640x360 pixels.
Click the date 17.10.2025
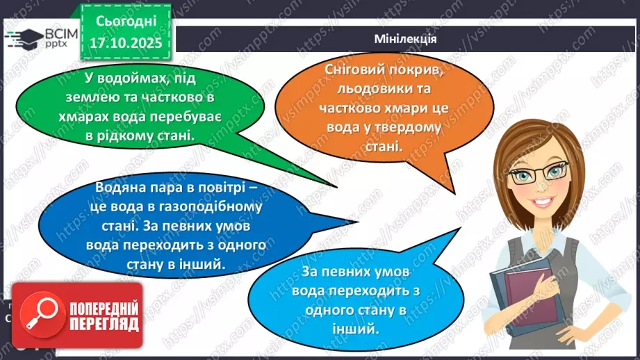click(126, 43)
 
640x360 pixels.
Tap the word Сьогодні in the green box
click(126, 22)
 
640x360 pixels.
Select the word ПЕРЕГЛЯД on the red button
click(103, 324)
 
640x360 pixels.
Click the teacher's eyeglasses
click(539, 173)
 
